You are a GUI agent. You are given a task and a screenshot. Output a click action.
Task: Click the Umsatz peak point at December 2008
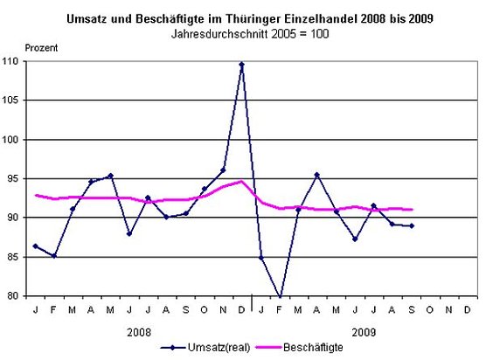coord(241,64)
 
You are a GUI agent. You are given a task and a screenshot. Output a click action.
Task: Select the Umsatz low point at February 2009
coord(280,296)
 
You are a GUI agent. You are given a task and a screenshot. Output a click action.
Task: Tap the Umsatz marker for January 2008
coord(35,246)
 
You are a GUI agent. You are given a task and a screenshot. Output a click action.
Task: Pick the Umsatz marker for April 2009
coord(316,175)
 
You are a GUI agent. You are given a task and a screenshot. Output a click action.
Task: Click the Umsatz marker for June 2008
coord(129,233)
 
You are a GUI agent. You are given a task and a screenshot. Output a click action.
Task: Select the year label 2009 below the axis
coord(365,330)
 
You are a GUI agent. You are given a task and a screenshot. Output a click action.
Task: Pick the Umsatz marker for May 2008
coord(110,176)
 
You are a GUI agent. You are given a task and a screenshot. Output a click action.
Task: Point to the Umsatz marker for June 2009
coord(355,239)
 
